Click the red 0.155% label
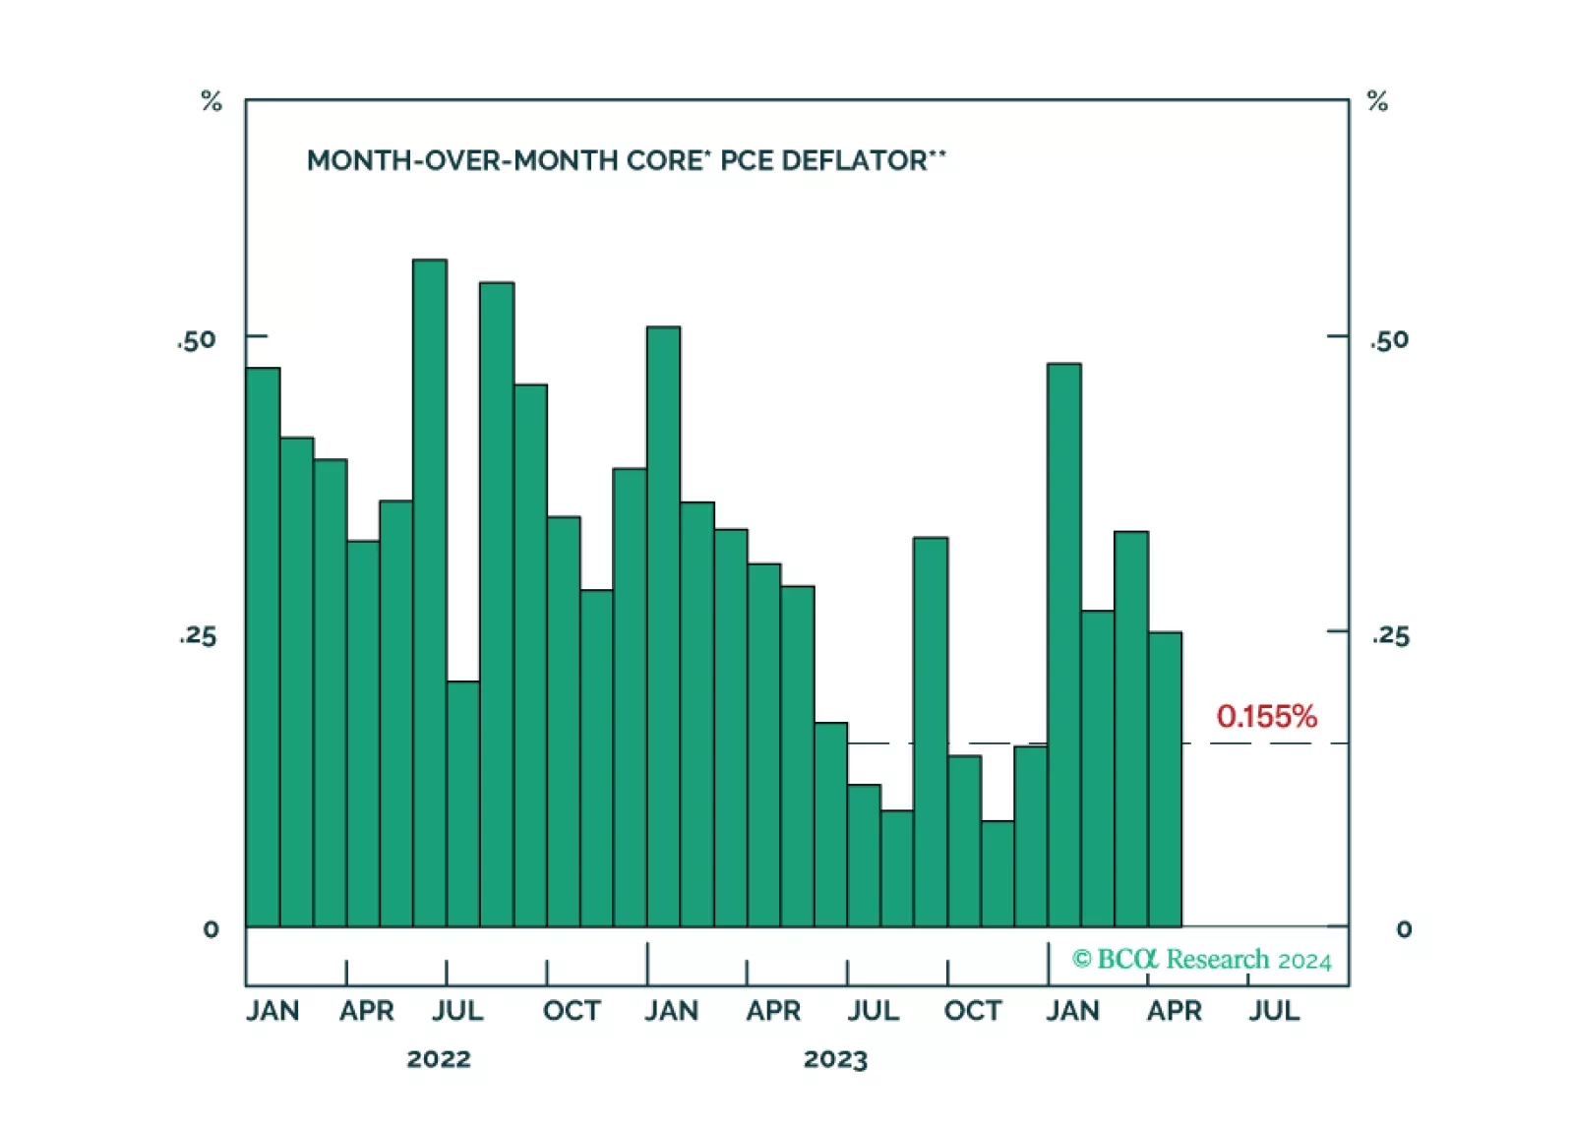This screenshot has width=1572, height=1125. click(1266, 716)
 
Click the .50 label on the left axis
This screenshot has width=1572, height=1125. click(197, 340)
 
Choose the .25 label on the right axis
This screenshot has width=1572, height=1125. click(1391, 635)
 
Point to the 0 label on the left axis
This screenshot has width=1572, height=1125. click(211, 929)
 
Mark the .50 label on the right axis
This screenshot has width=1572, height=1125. click(1389, 340)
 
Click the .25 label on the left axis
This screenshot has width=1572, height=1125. click(198, 635)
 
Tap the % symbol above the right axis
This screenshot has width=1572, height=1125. click(1377, 101)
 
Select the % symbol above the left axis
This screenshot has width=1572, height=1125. click(212, 101)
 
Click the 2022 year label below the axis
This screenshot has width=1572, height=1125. click(439, 1059)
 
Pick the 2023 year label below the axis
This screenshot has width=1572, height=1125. click(835, 1059)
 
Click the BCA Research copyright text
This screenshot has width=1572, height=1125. click(1201, 959)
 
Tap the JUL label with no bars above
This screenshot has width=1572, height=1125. click(1274, 1011)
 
